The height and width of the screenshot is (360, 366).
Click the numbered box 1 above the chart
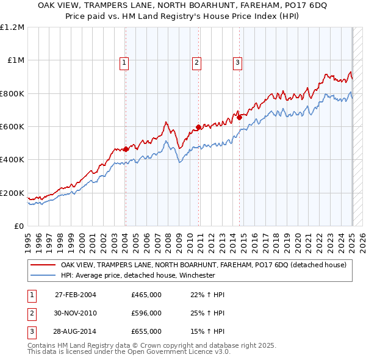point(124,62)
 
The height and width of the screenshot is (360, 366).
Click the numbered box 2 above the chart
point(197,62)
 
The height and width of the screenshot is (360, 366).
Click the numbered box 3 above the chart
point(237,62)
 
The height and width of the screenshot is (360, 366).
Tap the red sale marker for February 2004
point(126,149)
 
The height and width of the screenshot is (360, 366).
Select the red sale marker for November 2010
point(198,128)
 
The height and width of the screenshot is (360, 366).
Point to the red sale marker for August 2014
point(239,118)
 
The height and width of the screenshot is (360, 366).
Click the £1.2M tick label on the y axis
point(12,27)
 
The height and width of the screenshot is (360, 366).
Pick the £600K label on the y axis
point(12,127)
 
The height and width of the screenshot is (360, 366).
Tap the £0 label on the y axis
point(18,226)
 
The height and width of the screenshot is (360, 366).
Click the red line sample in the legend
point(43,265)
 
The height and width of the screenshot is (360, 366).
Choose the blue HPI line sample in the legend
point(43,275)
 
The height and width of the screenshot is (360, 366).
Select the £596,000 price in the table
point(146,313)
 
